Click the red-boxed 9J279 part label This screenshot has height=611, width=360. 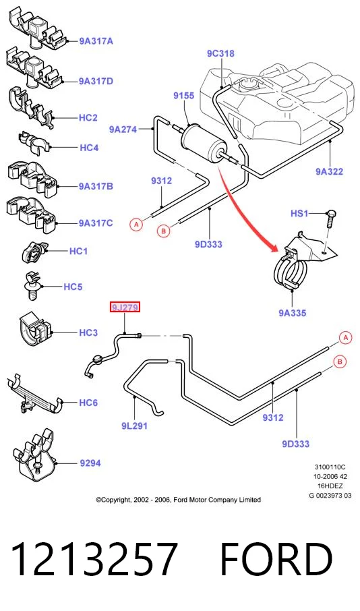(125, 308)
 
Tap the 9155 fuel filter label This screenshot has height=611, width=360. (184, 96)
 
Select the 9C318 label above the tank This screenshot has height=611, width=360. (220, 53)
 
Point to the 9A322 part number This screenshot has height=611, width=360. (329, 171)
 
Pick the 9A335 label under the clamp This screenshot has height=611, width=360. (293, 312)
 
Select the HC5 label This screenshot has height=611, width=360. (73, 287)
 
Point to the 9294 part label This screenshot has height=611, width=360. (90, 463)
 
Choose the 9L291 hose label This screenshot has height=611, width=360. (134, 426)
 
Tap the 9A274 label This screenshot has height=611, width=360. (123, 129)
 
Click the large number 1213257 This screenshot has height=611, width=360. (94, 560)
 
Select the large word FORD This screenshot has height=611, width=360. (276, 560)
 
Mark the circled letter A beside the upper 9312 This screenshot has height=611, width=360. (136, 225)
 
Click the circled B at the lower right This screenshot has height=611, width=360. (340, 362)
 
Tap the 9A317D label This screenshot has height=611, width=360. (96, 81)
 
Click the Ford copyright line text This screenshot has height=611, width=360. (179, 500)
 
